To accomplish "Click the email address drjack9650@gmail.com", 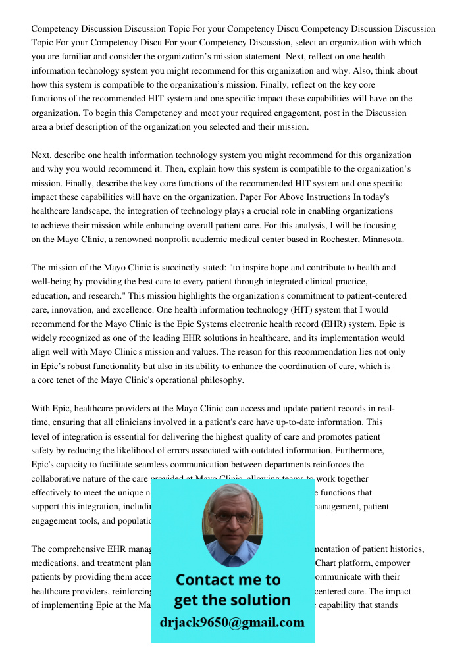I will click(232, 622).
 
